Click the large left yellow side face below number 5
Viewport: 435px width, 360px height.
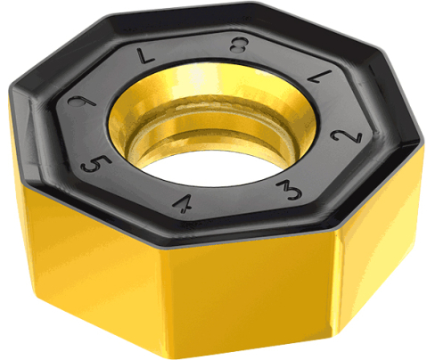[x=80, y=250]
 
